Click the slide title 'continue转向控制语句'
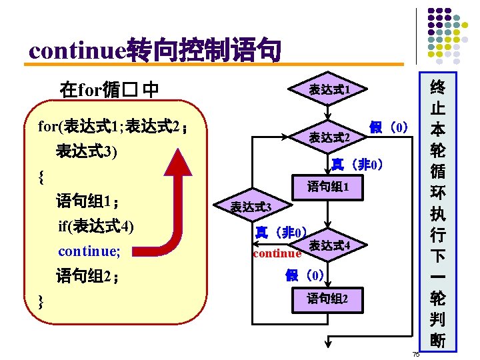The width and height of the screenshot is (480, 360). tap(155, 50)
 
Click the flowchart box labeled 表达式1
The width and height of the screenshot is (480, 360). tap(329, 89)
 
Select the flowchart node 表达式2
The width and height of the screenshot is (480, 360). tap(329, 138)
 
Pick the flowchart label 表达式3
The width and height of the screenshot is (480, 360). tap(251, 207)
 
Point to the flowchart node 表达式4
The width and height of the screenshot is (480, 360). tap(329, 247)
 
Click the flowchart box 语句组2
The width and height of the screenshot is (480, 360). tap(327, 299)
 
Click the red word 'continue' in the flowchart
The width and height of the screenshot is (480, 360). tap(277, 253)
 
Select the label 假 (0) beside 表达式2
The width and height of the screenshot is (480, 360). tap(388, 127)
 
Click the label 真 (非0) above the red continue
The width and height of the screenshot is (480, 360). tap(281, 233)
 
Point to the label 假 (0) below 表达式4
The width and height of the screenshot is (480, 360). tap(305, 275)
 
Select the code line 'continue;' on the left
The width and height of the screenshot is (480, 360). tap(89, 251)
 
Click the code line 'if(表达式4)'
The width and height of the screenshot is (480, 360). tap(95, 227)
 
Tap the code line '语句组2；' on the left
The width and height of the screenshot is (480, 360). tap(88, 276)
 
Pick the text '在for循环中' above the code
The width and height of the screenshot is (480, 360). tap(109, 89)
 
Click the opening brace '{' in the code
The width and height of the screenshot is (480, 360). tap(42, 177)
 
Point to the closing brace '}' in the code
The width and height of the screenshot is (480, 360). tap(42, 301)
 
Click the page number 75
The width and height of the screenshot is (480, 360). tap(415, 354)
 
